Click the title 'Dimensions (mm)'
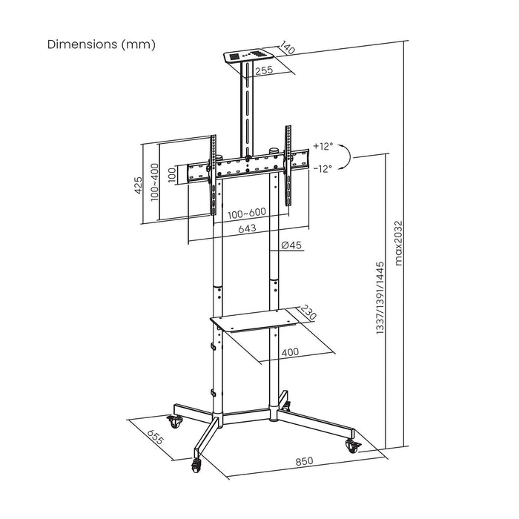click(102, 44)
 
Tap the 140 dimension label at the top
click(287, 49)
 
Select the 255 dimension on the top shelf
click(264, 72)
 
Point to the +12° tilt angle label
click(324, 146)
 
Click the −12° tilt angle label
click(323, 168)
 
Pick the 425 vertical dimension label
click(138, 185)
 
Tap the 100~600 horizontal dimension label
click(248, 214)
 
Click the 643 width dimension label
click(248, 229)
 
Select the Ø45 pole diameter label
click(291, 245)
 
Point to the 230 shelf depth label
click(309, 313)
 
